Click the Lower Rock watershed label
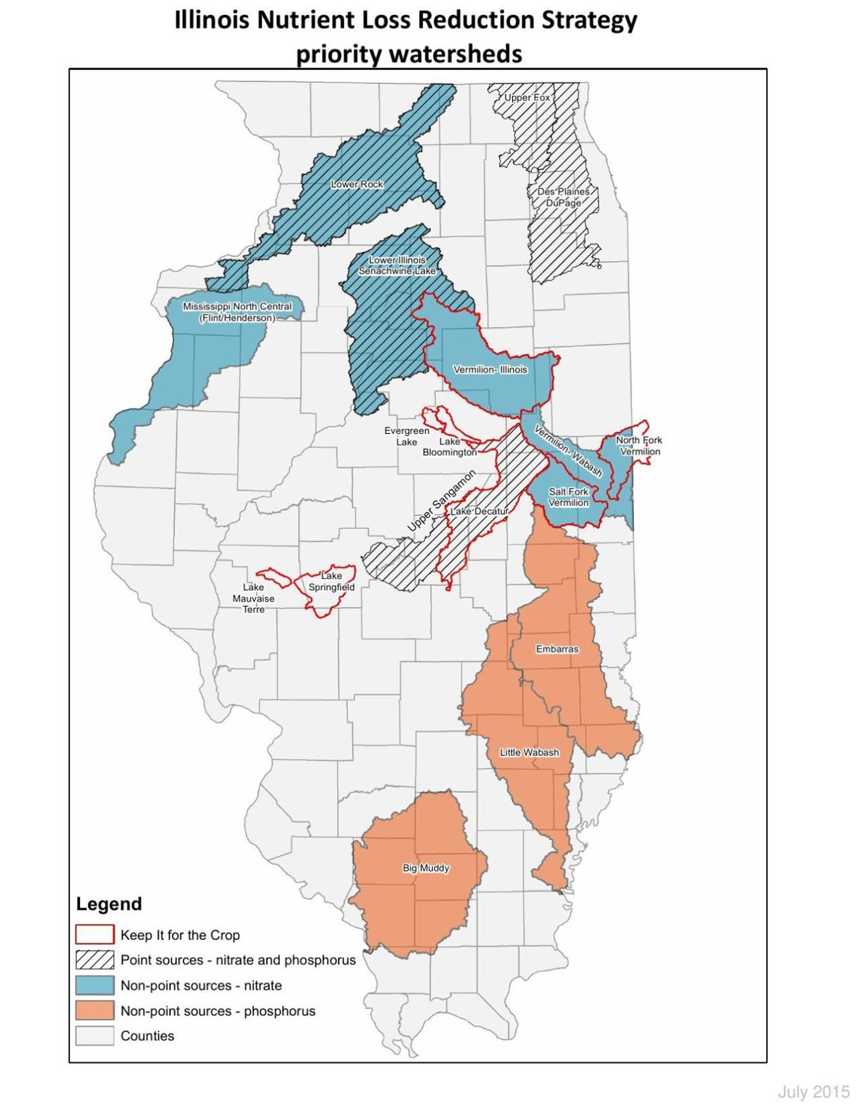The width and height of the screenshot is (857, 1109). [357, 184]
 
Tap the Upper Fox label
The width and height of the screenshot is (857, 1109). [527, 97]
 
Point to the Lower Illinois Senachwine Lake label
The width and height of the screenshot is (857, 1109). [397, 265]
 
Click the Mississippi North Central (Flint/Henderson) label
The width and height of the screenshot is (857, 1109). [237, 312]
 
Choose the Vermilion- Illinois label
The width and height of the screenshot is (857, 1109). [491, 370]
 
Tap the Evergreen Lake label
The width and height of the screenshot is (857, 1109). [407, 436]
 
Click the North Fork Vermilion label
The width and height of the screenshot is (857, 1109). [639, 446]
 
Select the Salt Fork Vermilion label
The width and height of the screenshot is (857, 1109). [568, 497]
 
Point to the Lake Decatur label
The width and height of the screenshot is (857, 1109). [478, 512]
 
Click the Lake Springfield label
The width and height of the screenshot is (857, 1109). [331, 582]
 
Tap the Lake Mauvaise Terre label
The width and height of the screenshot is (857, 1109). [254, 598]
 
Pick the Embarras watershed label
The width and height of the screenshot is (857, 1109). [557, 649]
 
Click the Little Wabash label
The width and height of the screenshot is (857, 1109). [529, 752]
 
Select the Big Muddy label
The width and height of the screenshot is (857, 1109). [426, 868]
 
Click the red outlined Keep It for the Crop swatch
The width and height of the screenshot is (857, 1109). [95, 934]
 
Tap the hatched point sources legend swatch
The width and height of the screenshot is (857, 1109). [95, 960]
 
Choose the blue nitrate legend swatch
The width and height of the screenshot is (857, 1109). [95, 986]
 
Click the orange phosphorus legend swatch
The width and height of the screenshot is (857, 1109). [95, 1011]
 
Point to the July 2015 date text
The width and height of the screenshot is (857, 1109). [813, 1092]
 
